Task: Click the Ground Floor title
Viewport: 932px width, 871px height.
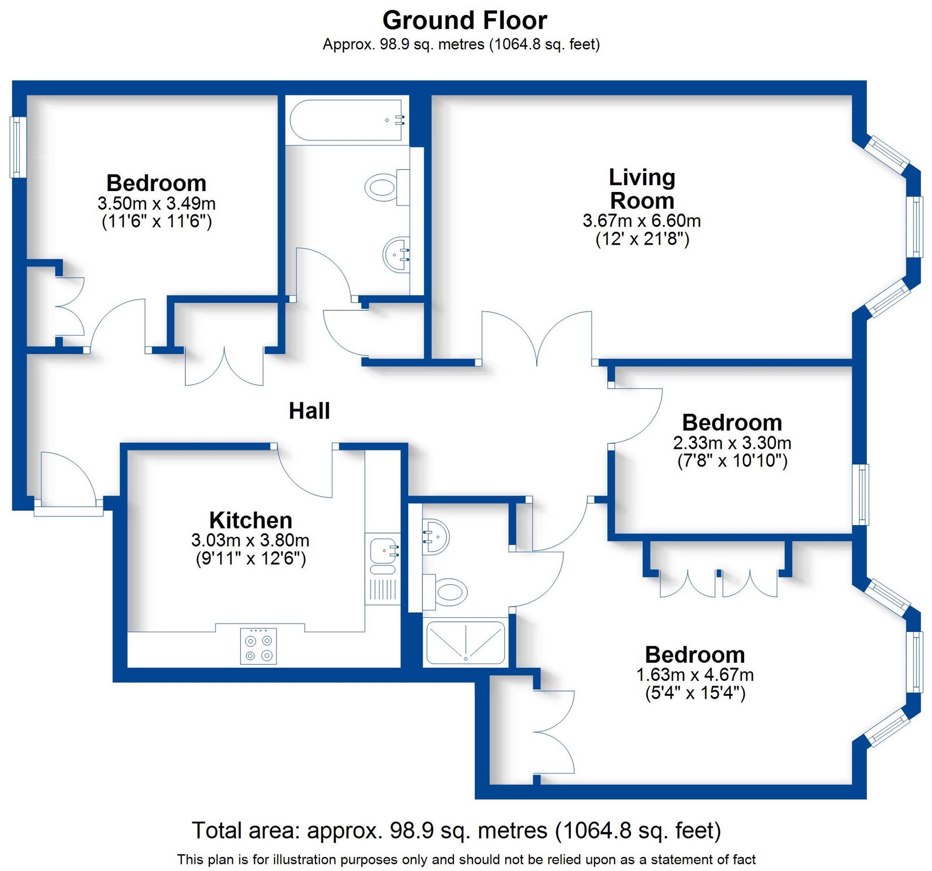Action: click(x=465, y=21)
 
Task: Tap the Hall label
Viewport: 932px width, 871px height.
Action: click(x=309, y=411)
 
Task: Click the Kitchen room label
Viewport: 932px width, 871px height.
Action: click(x=250, y=521)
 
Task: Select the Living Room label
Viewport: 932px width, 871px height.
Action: click(x=642, y=189)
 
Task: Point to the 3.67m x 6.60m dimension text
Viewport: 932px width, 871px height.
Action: click(x=641, y=220)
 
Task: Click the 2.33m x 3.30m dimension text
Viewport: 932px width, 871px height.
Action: click(x=732, y=443)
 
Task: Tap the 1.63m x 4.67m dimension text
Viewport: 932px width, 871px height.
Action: click(x=694, y=675)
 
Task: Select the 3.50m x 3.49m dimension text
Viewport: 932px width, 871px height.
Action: click(x=156, y=204)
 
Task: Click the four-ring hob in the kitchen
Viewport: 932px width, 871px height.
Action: click(x=258, y=646)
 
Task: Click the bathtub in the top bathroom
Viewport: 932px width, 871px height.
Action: click(x=346, y=120)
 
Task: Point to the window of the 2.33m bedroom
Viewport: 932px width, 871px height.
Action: click(x=860, y=494)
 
